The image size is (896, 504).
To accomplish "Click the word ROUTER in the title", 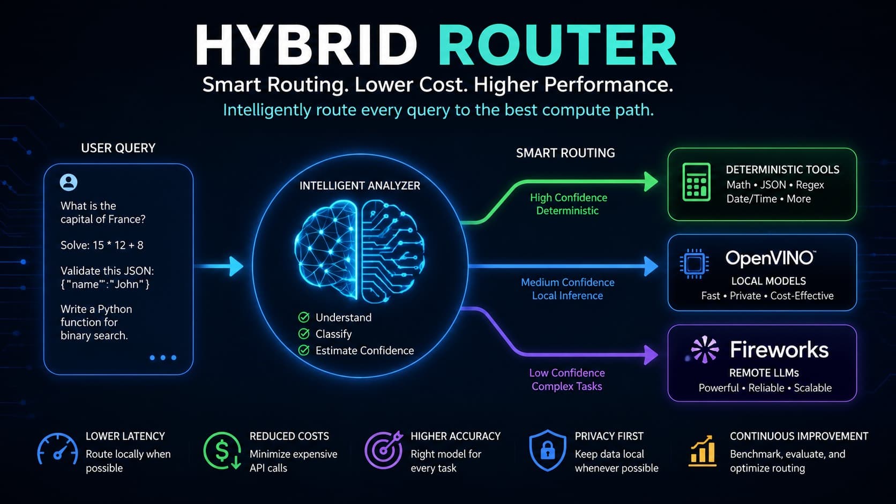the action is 557,45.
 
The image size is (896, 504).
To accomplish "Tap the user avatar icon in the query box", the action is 69,182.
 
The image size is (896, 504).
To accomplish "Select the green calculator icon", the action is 697,182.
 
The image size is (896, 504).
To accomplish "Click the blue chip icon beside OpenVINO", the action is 695,264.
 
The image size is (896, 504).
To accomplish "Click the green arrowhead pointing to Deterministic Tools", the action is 651,182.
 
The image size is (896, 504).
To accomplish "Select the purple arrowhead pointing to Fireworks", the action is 651,354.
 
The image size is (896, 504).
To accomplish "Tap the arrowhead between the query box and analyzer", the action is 236,266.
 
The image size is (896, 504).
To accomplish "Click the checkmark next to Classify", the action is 304,334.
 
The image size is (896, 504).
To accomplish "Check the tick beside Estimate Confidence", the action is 304,350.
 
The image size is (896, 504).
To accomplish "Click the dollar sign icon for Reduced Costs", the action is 222,451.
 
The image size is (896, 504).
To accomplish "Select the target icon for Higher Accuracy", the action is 384,450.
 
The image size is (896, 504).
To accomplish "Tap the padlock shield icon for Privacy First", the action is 548,450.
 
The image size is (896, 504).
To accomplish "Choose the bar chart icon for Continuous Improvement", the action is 703,451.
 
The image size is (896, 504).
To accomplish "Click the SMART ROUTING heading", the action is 565,153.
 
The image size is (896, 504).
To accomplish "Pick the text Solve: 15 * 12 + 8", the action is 102,245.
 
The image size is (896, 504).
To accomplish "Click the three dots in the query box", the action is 163,358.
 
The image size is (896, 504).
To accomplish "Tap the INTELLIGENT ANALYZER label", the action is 360,186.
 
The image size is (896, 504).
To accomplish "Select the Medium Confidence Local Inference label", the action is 568,289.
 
